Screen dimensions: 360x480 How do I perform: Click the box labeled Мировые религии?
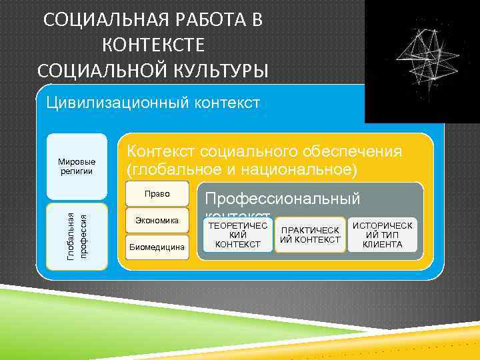point(77,167)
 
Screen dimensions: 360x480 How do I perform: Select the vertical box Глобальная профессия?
point(77,236)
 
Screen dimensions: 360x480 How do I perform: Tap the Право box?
point(157,194)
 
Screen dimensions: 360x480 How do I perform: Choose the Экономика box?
point(157,219)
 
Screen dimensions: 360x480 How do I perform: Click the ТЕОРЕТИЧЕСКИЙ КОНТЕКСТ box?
point(238,235)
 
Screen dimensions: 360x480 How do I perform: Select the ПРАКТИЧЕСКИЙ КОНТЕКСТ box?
point(311,235)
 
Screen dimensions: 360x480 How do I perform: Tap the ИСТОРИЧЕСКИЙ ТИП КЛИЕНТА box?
point(383,235)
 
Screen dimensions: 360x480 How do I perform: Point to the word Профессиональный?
point(283,198)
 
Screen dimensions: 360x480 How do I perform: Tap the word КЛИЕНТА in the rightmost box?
point(383,245)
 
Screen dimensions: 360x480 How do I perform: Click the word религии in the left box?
point(77,171)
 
